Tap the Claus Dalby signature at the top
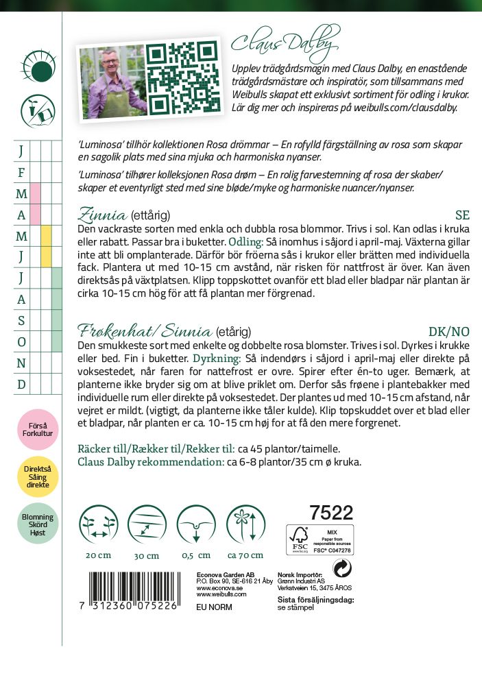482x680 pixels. pyautogui.click(x=285, y=42)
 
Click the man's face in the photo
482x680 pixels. pyautogui.click(x=109, y=71)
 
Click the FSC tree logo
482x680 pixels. pyautogui.click(x=299, y=539)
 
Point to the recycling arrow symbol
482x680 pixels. pyautogui.click(x=341, y=568)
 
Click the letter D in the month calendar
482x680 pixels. pyautogui.click(x=21, y=384)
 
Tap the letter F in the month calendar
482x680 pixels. pyautogui.click(x=21, y=172)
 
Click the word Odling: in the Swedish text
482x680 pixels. pyautogui.click(x=245, y=241)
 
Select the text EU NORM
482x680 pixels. pyautogui.click(x=214, y=607)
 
